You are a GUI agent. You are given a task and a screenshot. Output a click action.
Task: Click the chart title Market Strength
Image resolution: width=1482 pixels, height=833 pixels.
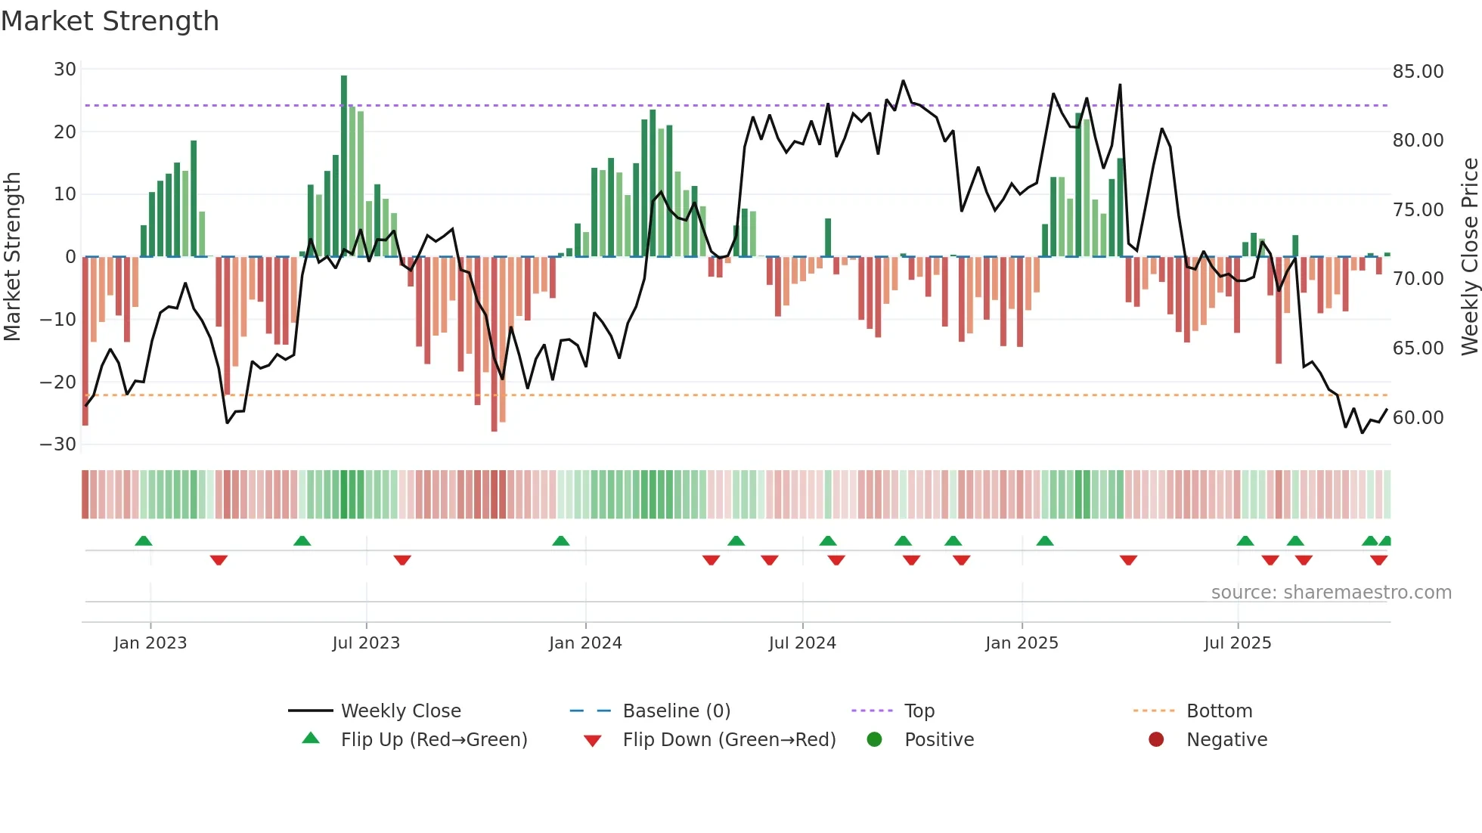[110, 21]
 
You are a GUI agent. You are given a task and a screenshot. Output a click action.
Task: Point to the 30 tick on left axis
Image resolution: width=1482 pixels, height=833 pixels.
[65, 70]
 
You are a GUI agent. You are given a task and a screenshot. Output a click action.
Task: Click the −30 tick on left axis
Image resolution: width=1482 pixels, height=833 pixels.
[58, 444]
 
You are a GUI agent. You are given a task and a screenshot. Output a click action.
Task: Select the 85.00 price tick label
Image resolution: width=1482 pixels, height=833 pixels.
[1418, 72]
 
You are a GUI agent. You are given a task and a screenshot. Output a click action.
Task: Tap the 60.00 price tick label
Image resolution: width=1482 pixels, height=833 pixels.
[1418, 418]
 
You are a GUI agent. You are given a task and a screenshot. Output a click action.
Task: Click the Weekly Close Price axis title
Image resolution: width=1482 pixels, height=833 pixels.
[1469, 257]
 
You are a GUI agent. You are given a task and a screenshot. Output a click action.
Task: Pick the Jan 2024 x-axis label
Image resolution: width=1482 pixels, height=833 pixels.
[585, 643]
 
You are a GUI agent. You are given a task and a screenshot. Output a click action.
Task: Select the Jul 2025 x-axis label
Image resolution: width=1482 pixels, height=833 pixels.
[1238, 643]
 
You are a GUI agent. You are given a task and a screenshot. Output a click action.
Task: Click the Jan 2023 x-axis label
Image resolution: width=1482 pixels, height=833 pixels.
[150, 643]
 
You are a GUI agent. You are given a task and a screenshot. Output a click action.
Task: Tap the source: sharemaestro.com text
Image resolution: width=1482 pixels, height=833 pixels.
[1331, 593]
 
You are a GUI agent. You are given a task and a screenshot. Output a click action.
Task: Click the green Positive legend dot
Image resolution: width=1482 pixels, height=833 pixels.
[875, 740]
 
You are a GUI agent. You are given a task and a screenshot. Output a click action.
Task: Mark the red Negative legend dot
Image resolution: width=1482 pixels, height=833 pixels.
[1156, 740]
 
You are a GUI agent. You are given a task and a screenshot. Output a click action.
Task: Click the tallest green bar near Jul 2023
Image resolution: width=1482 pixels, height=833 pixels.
[344, 166]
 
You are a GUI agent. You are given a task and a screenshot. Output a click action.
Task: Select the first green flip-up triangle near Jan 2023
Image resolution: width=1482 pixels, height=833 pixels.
[144, 540]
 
